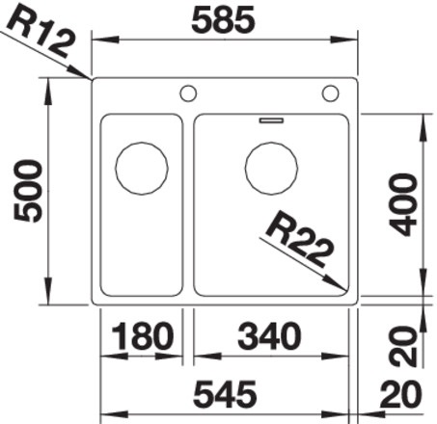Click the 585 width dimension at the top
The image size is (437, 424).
[x=224, y=18]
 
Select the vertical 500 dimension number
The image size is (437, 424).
[x=28, y=191]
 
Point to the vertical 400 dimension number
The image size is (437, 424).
[x=405, y=203]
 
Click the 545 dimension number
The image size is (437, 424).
[x=224, y=395]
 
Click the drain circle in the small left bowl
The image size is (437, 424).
[x=141, y=170]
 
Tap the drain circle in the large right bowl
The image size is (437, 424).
[x=271, y=168]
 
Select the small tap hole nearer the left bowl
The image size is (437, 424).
[x=188, y=93]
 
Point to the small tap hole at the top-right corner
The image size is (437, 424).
[x=331, y=93]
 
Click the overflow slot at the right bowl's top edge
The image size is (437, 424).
[x=271, y=120]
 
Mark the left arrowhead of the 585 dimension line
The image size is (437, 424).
[x=95, y=40]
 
